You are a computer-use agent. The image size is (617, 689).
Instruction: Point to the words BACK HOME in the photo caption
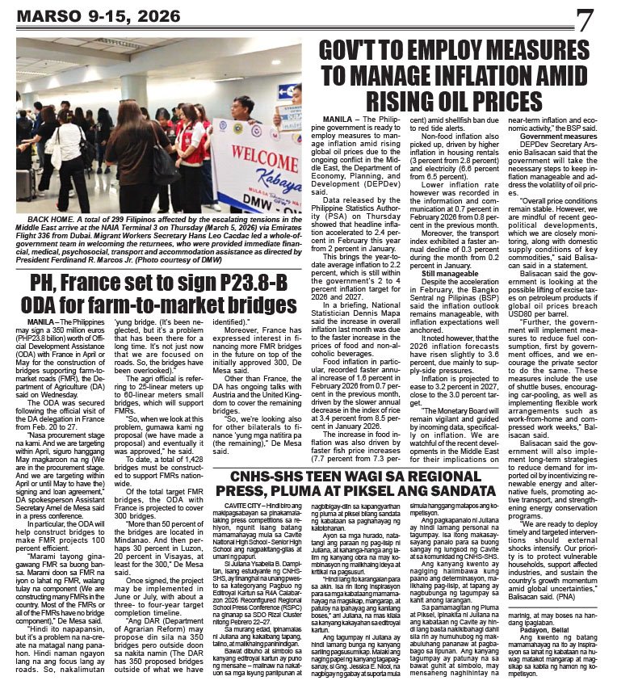52,221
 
